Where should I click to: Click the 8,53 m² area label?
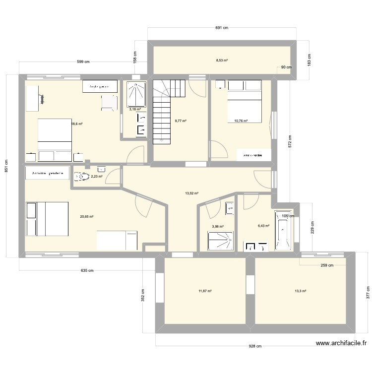pyautogui.click(x=222, y=61)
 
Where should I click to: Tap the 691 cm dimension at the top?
pyautogui.click(x=222, y=28)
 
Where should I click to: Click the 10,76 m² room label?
pyautogui.click(x=238, y=121)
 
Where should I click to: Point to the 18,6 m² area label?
pyautogui.click(x=77, y=124)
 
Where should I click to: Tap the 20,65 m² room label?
pyautogui.click(x=87, y=216)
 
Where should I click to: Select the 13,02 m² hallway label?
pyautogui.click(x=191, y=193)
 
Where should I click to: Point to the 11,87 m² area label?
pyautogui.click(x=205, y=291)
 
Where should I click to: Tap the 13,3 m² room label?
pyautogui.click(x=300, y=291)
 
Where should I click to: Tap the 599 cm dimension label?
pyautogui.click(x=83, y=62)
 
